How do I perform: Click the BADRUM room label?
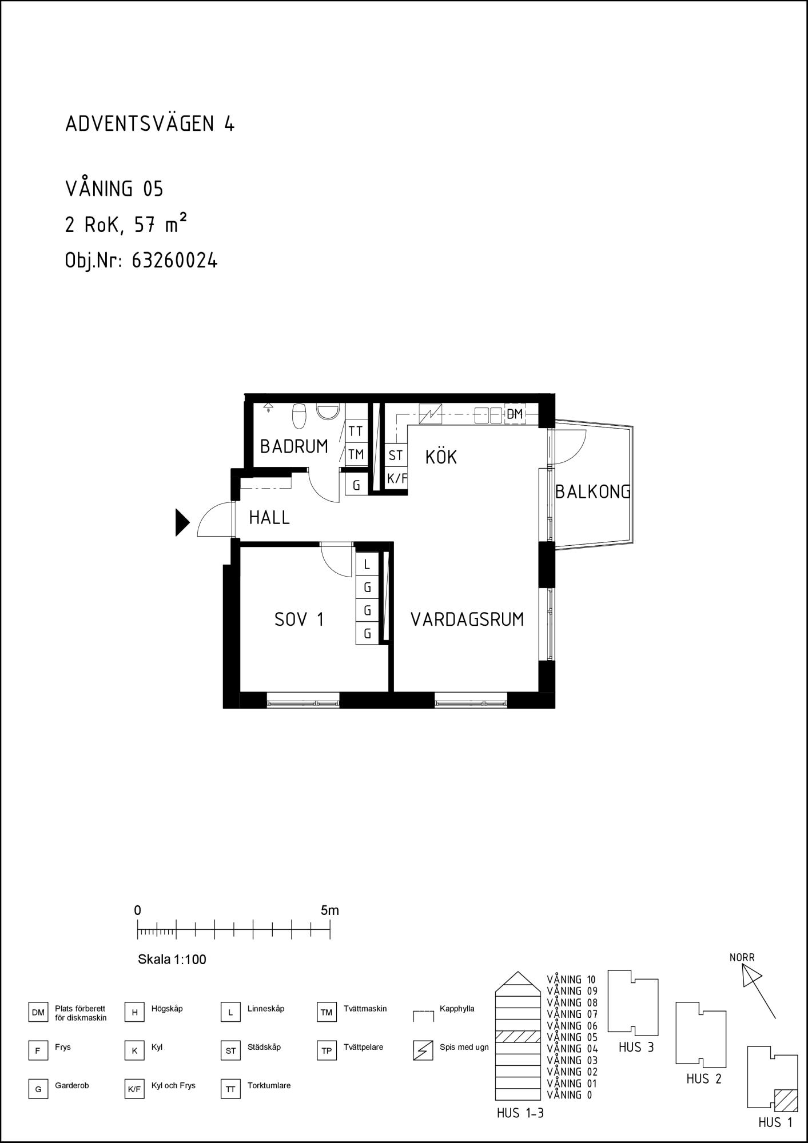click(294, 446)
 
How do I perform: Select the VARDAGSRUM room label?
click(467, 620)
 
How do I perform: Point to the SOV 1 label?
click(299, 620)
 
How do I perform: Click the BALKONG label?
click(593, 491)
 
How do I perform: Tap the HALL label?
click(269, 518)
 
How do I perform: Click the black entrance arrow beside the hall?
click(182, 522)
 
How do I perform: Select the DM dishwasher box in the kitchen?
click(515, 414)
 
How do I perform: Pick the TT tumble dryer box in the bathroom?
click(356, 431)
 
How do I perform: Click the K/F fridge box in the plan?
click(396, 478)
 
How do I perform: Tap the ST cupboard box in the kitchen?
click(395, 455)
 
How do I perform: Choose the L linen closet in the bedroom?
click(367, 565)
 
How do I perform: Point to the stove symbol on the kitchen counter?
click(431, 414)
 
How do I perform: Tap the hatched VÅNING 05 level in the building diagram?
click(518, 1036)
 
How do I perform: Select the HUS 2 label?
click(704, 1078)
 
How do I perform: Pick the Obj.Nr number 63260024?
click(174, 261)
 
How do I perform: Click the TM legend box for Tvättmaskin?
click(327, 1013)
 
